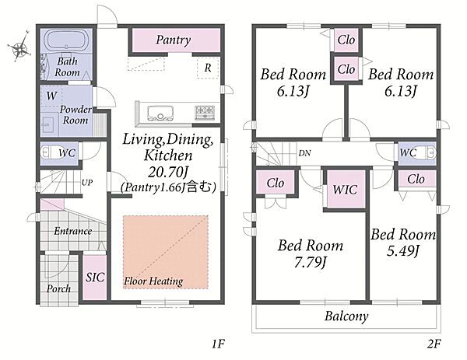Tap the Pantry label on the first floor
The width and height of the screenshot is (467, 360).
tap(173, 40)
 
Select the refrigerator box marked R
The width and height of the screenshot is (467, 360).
tap(208, 67)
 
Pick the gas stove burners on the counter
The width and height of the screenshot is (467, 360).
tap(205, 111)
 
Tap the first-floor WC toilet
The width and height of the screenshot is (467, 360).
tap(48, 152)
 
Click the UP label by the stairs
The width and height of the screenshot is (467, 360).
tap(88, 183)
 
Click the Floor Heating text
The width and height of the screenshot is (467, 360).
tap(153, 280)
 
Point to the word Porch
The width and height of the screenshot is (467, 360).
tap(59, 288)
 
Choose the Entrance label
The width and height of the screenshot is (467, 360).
tap(72, 231)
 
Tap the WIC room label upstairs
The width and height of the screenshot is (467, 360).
tap(344, 190)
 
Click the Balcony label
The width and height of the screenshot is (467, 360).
tap(346, 316)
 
